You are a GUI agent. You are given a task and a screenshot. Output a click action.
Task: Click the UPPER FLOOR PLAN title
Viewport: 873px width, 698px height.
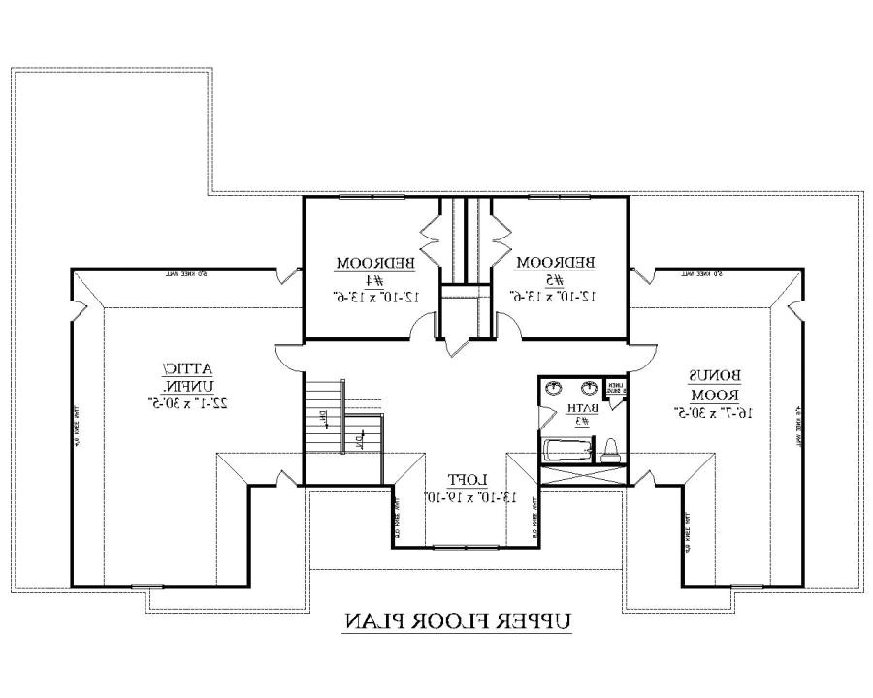(457, 620)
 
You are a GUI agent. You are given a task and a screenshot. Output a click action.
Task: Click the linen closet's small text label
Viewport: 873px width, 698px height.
(614, 388)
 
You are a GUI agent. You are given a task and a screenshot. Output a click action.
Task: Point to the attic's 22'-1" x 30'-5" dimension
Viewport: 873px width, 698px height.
(188, 400)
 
